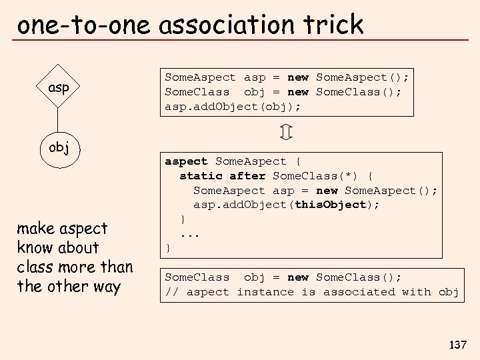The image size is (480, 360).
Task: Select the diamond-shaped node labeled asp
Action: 59,87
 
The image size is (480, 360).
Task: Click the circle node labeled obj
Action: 59,147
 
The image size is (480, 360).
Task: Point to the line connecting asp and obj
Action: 59,120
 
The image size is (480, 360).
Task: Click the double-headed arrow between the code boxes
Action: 285,132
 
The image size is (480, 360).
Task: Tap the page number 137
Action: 458,345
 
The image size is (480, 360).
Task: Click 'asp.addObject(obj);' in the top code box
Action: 233,106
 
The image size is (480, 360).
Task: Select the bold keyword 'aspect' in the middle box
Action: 187,161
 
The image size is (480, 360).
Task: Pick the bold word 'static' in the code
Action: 201,176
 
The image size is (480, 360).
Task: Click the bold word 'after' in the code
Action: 247,176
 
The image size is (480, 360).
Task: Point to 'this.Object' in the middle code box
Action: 331,205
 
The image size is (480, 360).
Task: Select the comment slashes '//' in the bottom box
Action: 172,292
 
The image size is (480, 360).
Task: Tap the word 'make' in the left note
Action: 37,229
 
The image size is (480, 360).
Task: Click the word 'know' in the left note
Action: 35,248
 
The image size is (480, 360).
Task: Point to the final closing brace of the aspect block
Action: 169,248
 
